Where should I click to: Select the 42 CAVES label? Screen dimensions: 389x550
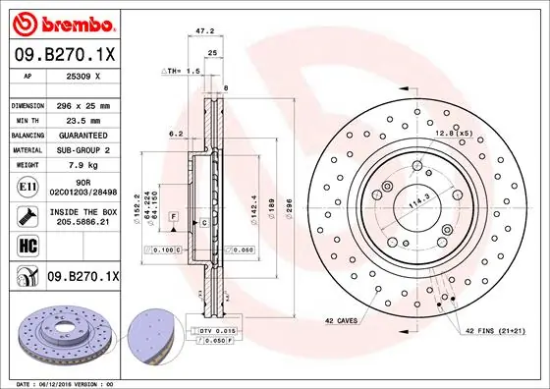[342, 320]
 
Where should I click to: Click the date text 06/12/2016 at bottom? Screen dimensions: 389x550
[58, 382]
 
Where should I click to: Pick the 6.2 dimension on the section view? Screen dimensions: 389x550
[175, 133]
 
